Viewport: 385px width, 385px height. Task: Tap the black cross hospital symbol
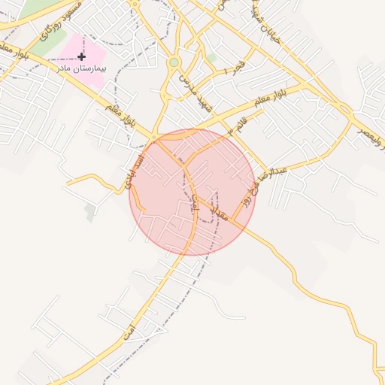pos(81,56)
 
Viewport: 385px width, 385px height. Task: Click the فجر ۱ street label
pos(225,65)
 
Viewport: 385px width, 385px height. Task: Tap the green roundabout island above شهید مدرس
pos(174,62)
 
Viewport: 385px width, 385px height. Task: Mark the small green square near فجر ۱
pos(211,57)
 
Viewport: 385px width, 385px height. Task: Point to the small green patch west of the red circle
pos(90,213)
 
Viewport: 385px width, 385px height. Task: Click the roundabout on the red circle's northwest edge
pos(156,137)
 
